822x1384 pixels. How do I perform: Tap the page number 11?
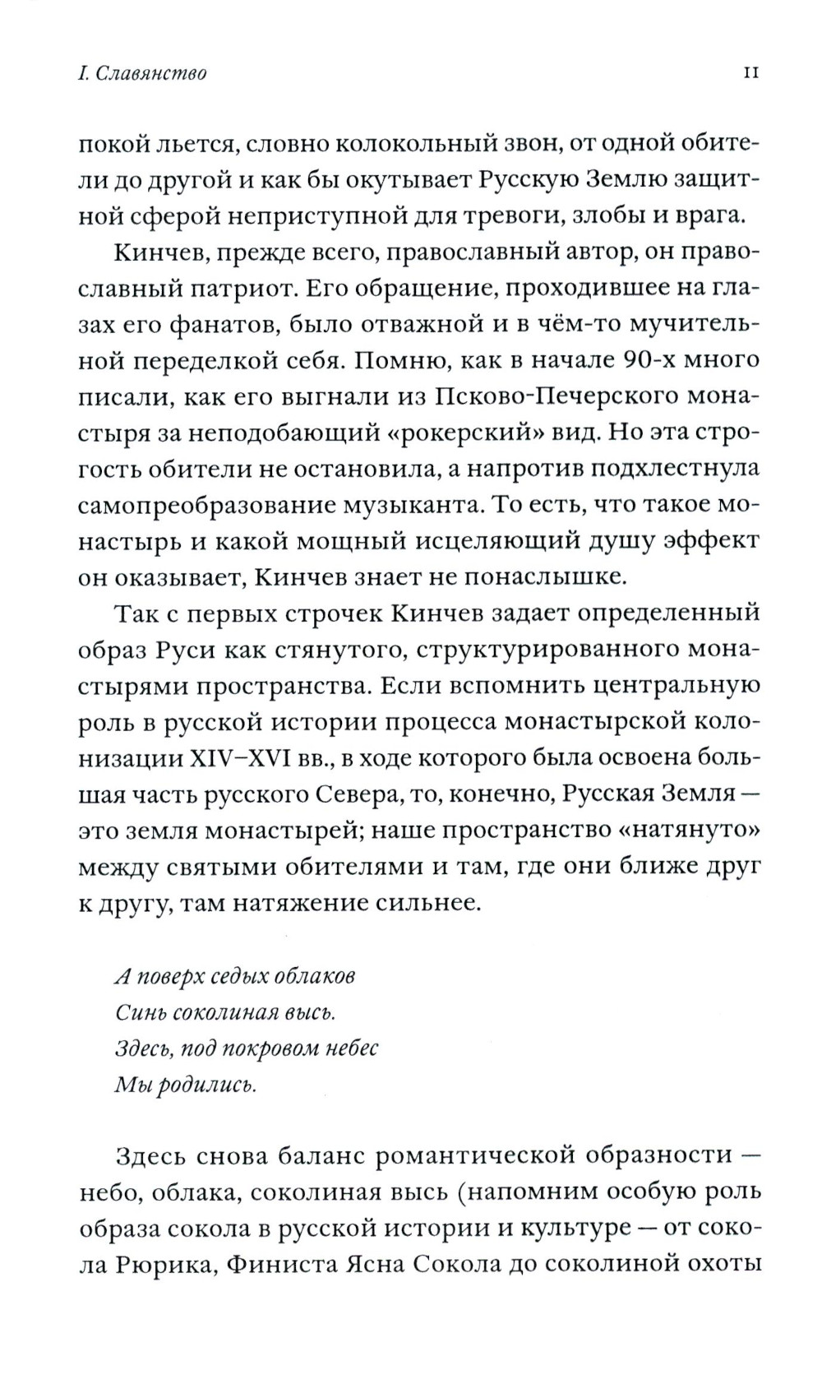(750, 72)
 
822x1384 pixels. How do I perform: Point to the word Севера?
(385, 794)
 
